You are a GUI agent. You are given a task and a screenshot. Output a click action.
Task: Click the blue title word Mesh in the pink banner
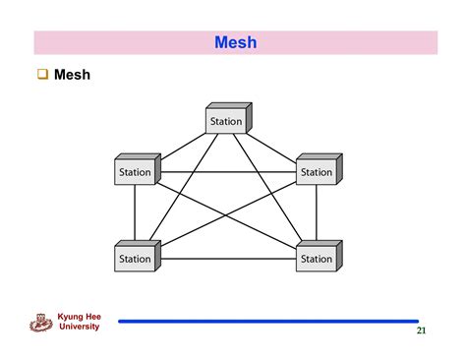[x=235, y=42]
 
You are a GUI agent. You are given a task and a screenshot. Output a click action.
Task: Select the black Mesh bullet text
[x=72, y=75]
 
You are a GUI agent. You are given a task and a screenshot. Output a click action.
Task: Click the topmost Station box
[x=227, y=120]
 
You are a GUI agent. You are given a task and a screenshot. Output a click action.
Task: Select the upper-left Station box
[x=137, y=171]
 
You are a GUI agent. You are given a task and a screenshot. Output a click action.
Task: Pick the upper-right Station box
[x=318, y=171]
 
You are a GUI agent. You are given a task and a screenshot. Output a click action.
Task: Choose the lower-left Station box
[x=137, y=258]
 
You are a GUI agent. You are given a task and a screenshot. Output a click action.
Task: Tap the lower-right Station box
[x=318, y=258]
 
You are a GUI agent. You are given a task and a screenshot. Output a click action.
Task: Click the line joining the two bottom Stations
[x=226, y=260]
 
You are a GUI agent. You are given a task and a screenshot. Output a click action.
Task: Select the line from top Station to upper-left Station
[x=181, y=143]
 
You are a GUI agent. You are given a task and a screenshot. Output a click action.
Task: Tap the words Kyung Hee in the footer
[x=80, y=317]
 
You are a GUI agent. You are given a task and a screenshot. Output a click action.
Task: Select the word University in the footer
[x=80, y=327]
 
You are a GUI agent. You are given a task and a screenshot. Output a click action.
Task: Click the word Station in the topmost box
[x=225, y=122]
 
